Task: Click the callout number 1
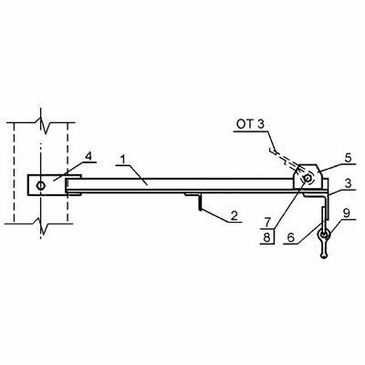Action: click(x=122, y=160)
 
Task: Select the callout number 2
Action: click(x=234, y=215)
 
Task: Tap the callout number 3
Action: click(x=348, y=183)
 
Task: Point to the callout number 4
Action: click(x=88, y=157)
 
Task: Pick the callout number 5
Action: click(x=348, y=158)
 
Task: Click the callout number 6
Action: click(x=290, y=237)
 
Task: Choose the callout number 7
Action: click(x=266, y=223)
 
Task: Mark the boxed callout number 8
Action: click(x=266, y=237)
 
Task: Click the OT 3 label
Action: click(x=250, y=125)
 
